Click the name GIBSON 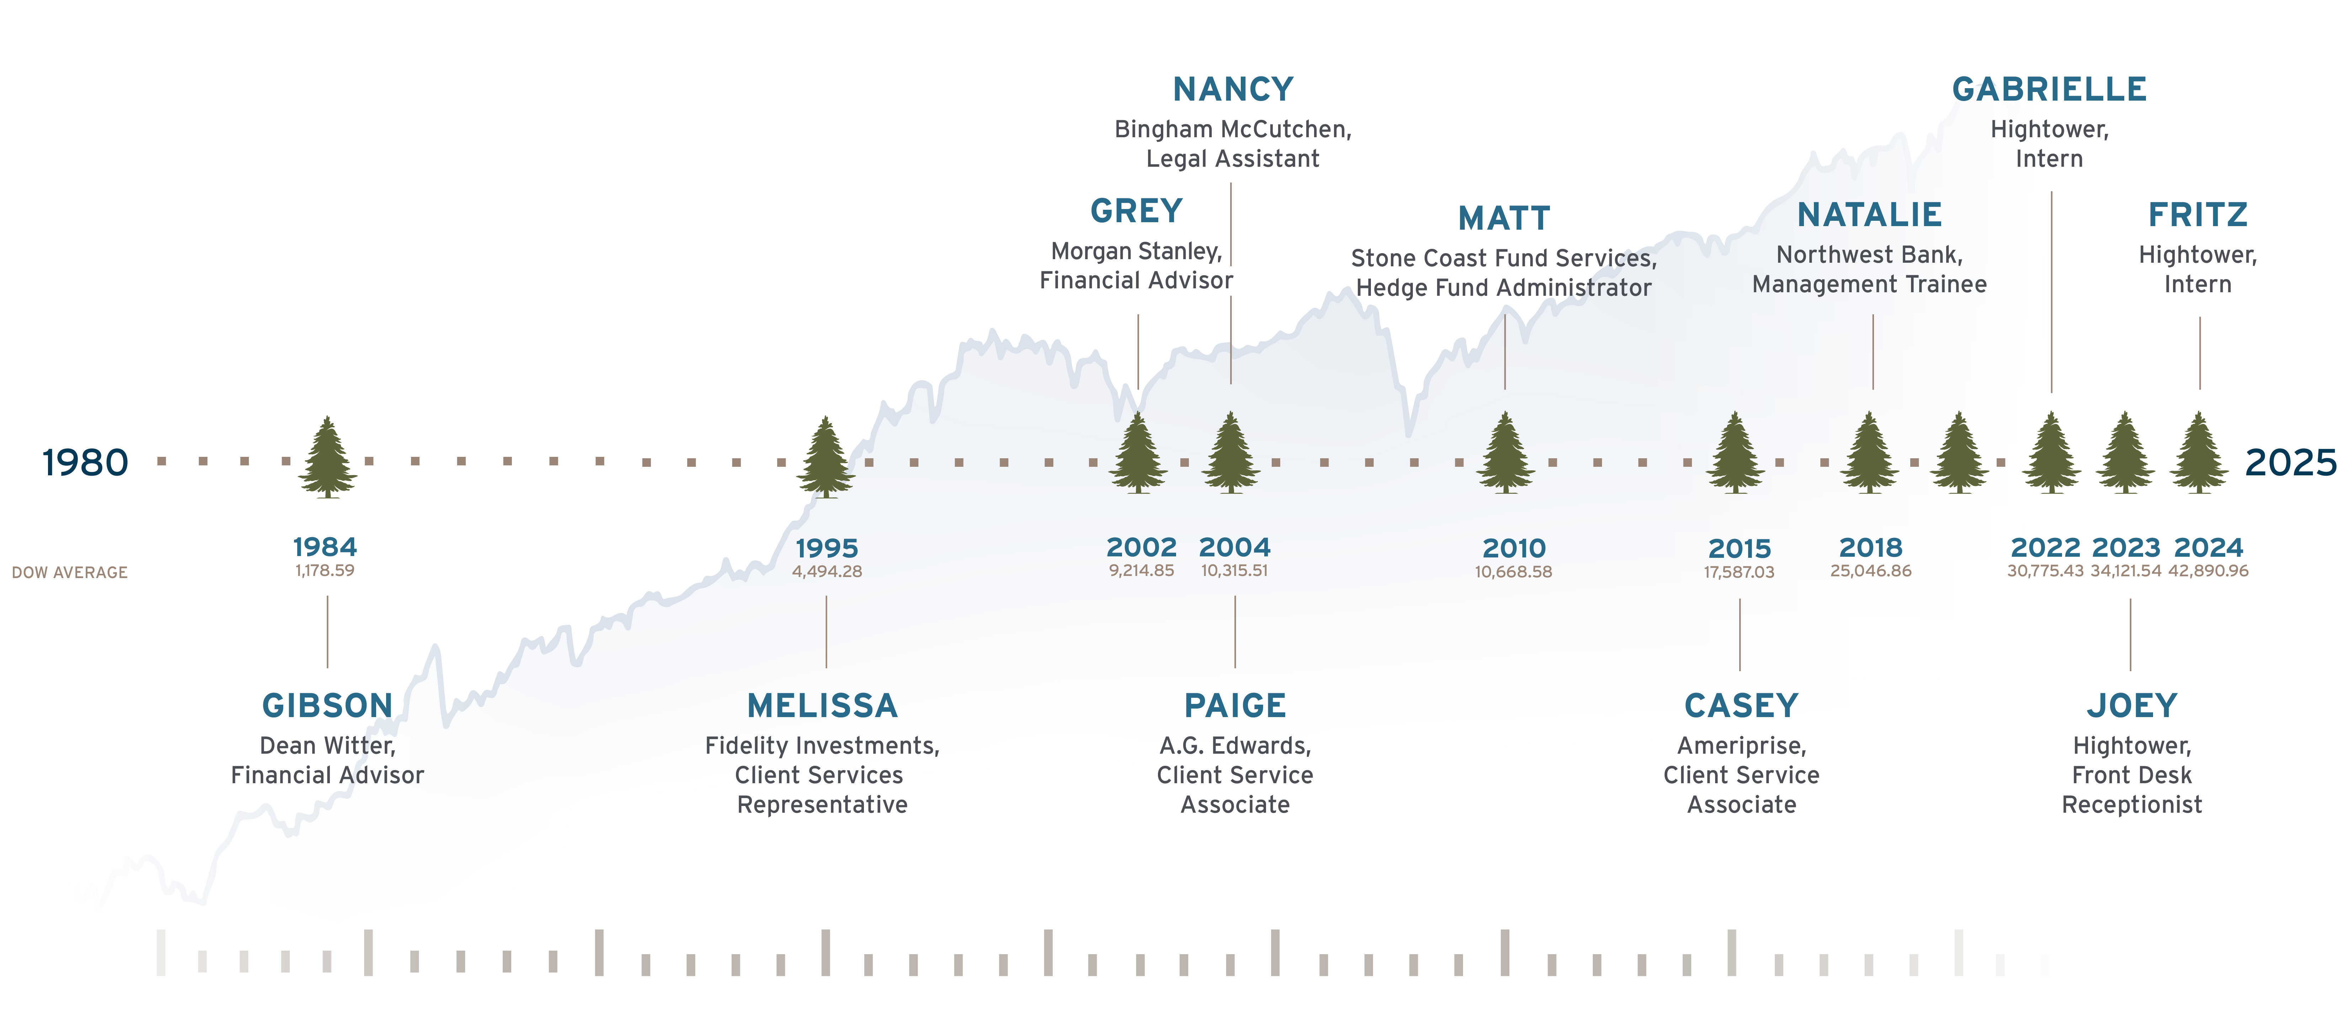click(327, 705)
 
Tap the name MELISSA click(822, 705)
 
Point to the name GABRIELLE click(2049, 89)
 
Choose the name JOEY click(2131, 705)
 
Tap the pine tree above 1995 click(826, 456)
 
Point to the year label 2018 click(1870, 547)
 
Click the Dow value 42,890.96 click(2208, 571)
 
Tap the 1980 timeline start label click(85, 463)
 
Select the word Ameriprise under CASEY click(1741, 746)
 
